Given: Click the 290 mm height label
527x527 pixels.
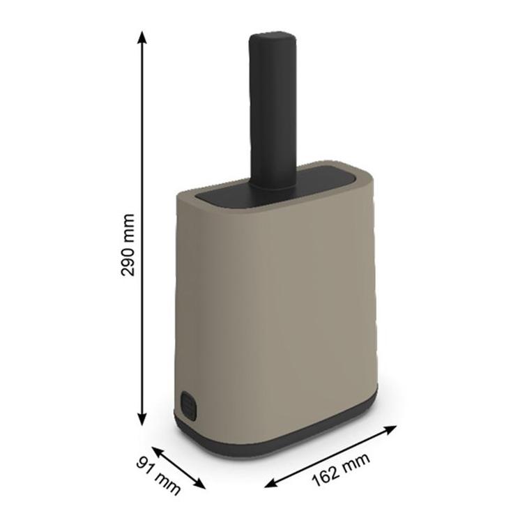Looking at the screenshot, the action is click(128, 245).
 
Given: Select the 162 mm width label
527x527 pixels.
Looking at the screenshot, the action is click(341, 470).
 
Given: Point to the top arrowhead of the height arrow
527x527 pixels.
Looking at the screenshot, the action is click(142, 37).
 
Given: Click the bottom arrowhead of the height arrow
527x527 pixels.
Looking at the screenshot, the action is click(142, 419).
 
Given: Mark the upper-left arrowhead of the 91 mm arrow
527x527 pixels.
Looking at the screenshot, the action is click(157, 450).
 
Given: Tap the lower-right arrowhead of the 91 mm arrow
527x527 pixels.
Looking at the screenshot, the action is click(200, 484).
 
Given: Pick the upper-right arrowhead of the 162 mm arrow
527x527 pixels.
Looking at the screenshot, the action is click(391, 429).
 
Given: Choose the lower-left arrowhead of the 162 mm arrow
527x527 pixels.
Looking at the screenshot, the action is click(270, 483).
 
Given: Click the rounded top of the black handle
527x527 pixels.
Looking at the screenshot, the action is click(273, 38).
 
